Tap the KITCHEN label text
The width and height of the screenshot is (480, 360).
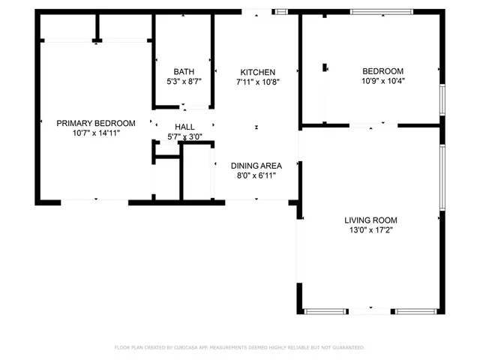tap(257, 71)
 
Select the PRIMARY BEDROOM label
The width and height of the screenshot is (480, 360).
tap(96, 123)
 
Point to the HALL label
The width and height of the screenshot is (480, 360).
tap(185, 127)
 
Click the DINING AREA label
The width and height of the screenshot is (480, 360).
tap(256, 166)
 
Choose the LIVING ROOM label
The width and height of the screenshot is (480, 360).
tap(370, 220)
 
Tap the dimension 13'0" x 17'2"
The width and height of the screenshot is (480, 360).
tap(370, 229)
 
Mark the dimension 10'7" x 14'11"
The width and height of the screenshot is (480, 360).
tap(96, 133)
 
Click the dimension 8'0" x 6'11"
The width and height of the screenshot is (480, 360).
tap(256, 175)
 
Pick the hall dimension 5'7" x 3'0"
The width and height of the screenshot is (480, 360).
tap(185, 136)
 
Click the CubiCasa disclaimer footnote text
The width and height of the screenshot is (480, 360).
tap(239, 347)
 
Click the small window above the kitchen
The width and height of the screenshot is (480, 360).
tap(282, 11)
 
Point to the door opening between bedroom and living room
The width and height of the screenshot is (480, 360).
tap(373, 124)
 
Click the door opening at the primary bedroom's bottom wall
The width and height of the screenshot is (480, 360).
tap(94, 201)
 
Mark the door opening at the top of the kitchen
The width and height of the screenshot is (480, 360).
tap(256, 11)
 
